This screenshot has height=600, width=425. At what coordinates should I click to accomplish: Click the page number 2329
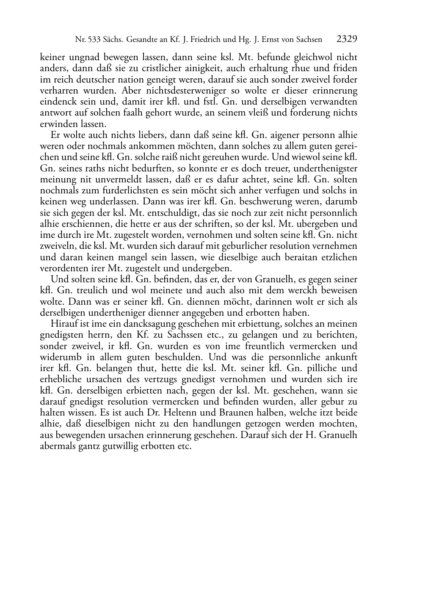[x=347, y=40]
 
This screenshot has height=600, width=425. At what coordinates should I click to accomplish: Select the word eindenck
[x=56, y=102]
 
